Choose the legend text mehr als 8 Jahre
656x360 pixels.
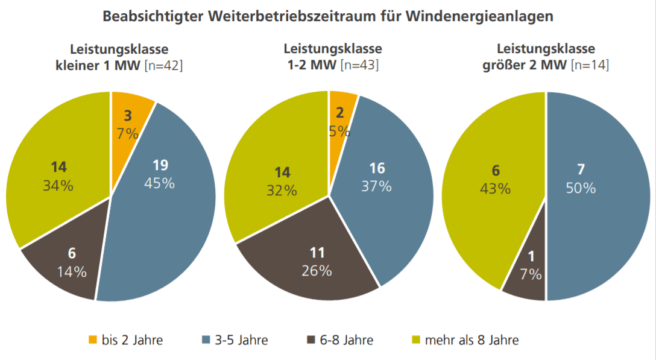coord(471,340)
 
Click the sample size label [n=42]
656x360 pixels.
coord(163,65)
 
